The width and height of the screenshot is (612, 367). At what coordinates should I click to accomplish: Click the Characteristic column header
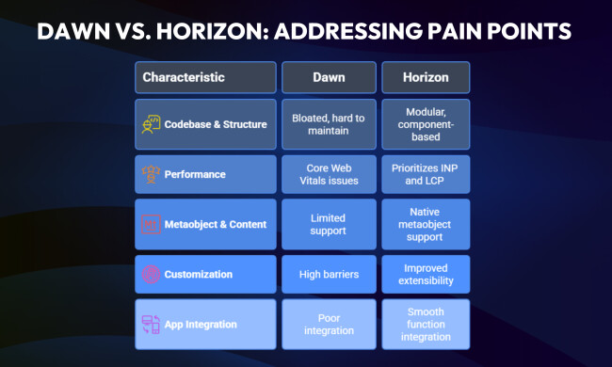pos(205,77)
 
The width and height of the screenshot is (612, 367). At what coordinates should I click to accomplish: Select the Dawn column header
pos(329,77)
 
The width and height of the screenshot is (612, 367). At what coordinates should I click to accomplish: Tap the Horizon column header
pos(427,77)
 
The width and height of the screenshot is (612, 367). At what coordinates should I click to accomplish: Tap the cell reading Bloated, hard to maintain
pos(329,124)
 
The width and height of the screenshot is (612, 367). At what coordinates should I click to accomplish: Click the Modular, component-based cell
pos(427,124)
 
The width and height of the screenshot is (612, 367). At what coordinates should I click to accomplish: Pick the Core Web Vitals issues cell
pos(329,174)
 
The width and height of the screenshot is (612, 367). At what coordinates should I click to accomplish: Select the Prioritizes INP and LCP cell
pos(427,174)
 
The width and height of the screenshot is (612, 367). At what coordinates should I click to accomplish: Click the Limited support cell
pos(329,224)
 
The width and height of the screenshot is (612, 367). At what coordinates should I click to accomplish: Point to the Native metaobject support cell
pos(427,224)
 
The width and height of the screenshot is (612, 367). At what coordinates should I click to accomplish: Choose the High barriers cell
pos(329,274)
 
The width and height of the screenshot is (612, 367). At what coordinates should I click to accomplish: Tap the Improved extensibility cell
pos(427,274)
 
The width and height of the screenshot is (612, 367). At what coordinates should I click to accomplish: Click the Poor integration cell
pos(329,324)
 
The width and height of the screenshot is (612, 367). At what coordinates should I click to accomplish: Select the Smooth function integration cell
pos(427,324)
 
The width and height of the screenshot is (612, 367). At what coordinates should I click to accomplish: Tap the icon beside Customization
pos(151,274)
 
